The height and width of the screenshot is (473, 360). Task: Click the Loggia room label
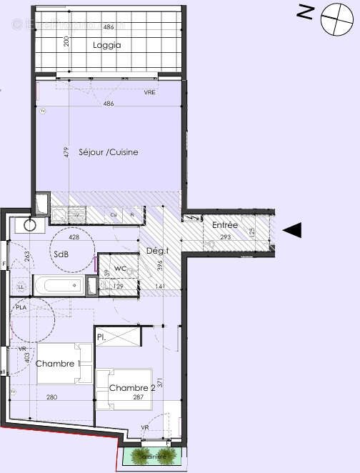click(x=106, y=45)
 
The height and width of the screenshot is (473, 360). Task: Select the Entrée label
click(x=225, y=225)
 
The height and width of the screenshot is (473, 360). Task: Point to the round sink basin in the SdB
click(x=30, y=224)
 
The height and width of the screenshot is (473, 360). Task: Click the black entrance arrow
click(x=293, y=229)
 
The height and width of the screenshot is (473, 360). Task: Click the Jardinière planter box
click(x=153, y=454)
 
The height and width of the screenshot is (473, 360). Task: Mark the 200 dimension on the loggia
click(x=66, y=41)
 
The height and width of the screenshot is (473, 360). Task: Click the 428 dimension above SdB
click(x=74, y=236)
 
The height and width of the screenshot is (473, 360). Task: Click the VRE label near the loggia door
click(x=149, y=93)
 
